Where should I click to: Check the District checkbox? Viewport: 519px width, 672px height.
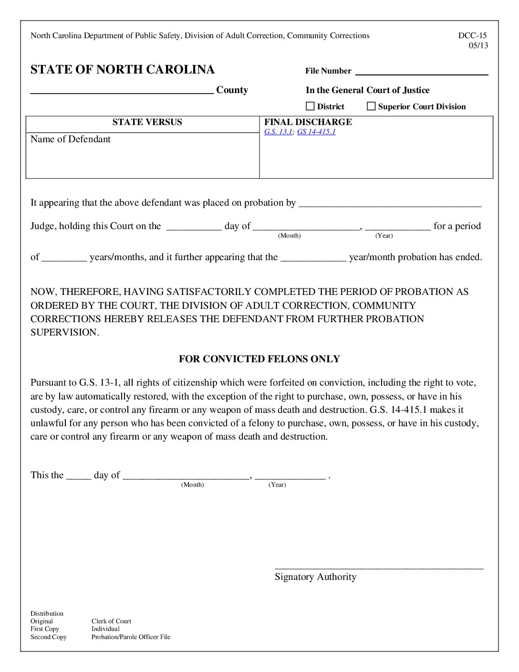(310, 106)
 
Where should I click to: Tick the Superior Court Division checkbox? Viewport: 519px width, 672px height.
(371, 106)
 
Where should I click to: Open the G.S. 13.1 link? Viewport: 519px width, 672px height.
(278, 132)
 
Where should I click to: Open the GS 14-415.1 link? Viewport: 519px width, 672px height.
(316, 132)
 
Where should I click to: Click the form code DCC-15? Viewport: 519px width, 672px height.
(472, 35)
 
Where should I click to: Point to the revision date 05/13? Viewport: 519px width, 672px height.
(478, 46)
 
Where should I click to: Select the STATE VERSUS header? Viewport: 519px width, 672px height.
(147, 122)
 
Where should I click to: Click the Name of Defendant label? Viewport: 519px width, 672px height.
(71, 139)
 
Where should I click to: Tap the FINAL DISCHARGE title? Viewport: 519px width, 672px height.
(308, 122)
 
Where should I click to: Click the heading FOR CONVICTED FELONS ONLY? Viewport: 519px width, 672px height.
(259, 359)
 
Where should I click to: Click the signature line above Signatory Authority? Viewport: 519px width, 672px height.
(379, 567)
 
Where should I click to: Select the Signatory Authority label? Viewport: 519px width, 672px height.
(315, 577)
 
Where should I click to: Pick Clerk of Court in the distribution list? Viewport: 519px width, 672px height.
(111, 621)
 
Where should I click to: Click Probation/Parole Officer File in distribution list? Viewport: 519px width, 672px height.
(131, 637)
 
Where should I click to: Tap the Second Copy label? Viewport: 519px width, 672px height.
(49, 637)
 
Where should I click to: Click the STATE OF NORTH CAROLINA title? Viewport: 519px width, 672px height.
(123, 70)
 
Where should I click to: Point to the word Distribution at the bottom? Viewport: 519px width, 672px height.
(47, 613)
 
